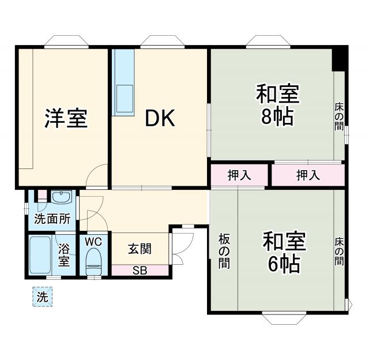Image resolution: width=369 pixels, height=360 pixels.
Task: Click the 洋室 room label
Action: click(x=66, y=118)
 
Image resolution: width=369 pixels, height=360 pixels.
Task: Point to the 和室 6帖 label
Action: click(x=283, y=252)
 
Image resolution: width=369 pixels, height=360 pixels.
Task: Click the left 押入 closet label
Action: click(x=239, y=176)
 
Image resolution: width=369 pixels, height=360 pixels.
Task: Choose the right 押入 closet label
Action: click(x=308, y=176)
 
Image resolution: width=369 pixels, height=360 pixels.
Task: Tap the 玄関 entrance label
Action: click(x=140, y=249)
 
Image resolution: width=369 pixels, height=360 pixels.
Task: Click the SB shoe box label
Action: click(x=140, y=269)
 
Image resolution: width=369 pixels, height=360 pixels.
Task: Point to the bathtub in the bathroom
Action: click(x=41, y=256)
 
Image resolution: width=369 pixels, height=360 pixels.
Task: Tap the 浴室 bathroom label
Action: click(x=64, y=255)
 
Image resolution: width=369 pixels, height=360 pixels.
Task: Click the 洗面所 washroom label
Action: click(x=52, y=219)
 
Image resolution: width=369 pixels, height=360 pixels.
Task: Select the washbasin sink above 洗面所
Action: click(x=59, y=198)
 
